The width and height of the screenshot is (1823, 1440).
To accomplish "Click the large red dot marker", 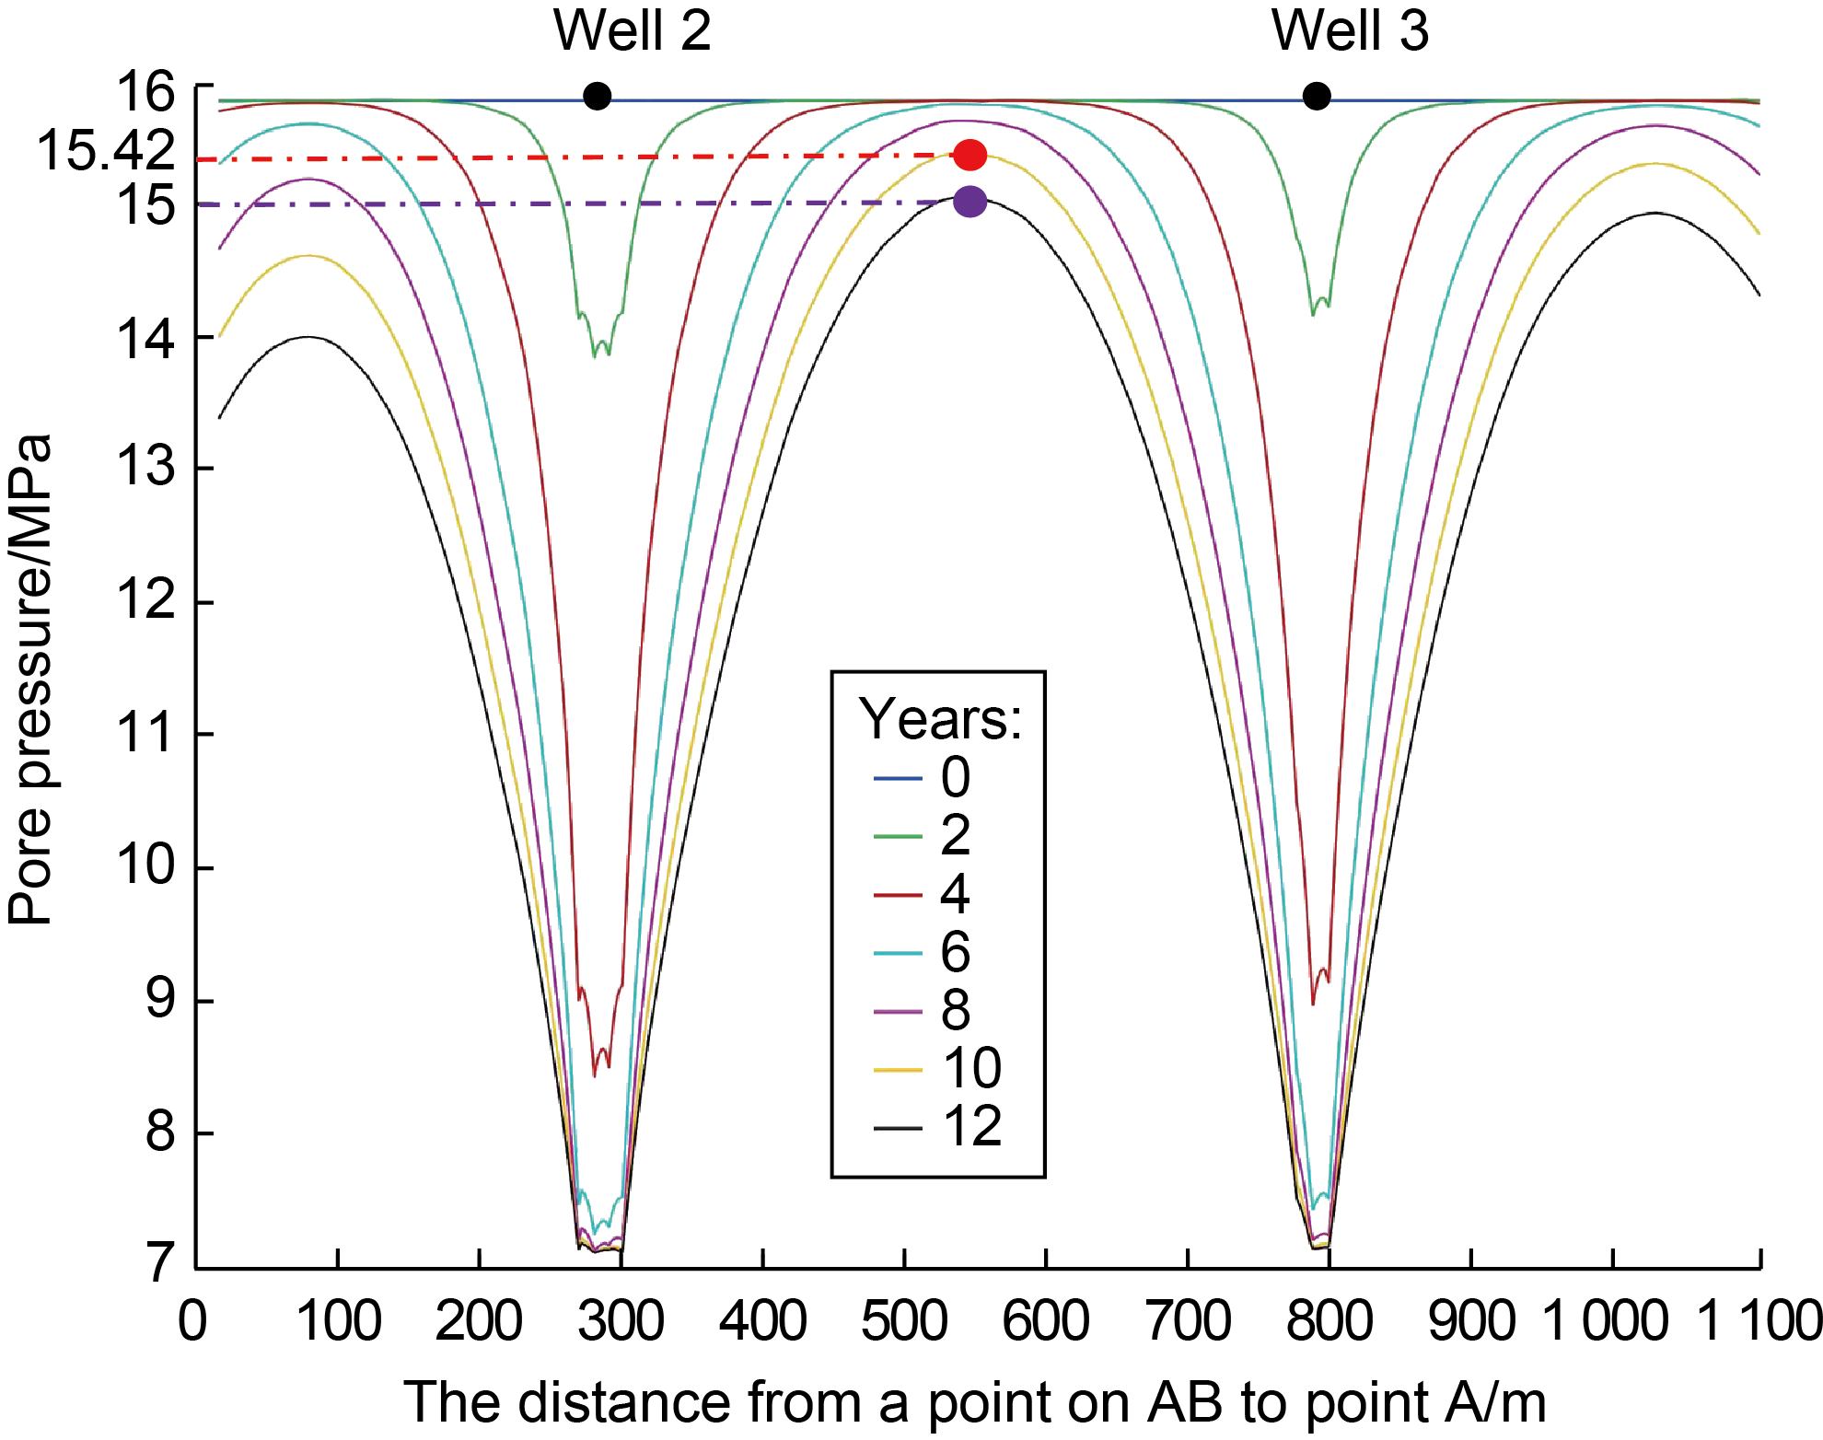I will pyautogui.click(x=970, y=155).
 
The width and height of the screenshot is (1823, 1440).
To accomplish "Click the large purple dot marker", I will pyautogui.click(x=970, y=202).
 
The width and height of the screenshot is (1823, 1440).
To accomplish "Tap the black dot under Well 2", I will pyautogui.click(x=598, y=96).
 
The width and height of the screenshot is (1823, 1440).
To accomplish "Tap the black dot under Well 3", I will pyautogui.click(x=1317, y=96).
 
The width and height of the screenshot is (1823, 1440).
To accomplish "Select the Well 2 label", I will pyautogui.click(x=632, y=31).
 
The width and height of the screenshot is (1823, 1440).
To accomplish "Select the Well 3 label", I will pyautogui.click(x=1350, y=31).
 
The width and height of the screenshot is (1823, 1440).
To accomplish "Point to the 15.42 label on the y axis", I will pyautogui.click(x=105, y=150).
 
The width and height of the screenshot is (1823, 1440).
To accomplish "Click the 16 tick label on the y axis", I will pyautogui.click(x=145, y=91).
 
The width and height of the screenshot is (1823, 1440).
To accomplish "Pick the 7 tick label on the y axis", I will pyautogui.click(x=160, y=1262).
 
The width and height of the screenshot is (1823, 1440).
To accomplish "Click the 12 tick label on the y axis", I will pyautogui.click(x=145, y=600).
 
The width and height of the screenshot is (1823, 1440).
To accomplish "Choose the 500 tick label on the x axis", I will pyautogui.click(x=904, y=1321).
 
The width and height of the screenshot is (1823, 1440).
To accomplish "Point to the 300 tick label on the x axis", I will pyautogui.click(x=621, y=1321).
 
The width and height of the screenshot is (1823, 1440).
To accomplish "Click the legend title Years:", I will pyautogui.click(x=940, y=719).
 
